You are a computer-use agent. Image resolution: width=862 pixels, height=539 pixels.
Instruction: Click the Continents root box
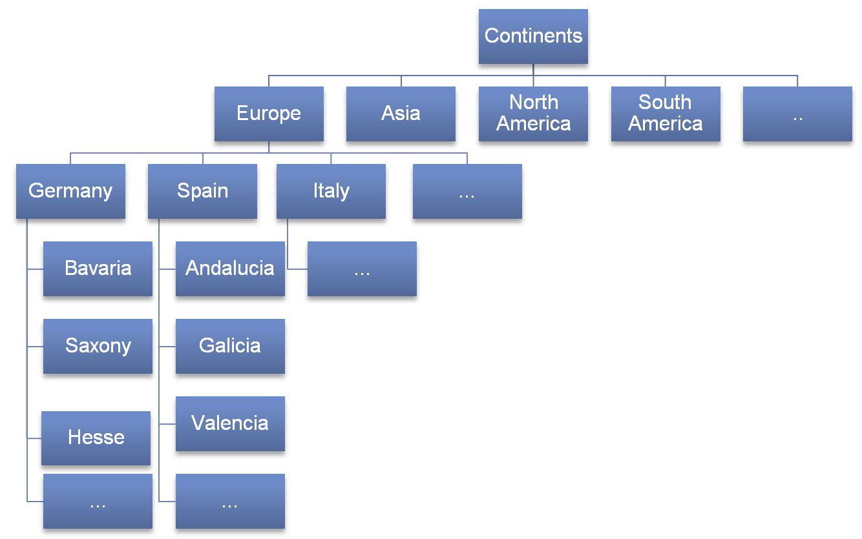click(533, 36)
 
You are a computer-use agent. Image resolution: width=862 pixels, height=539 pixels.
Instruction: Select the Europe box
click(269, 114)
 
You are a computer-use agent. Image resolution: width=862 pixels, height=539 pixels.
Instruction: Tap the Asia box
click(401, 114)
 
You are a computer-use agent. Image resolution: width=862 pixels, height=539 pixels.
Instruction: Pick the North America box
click(533, 114)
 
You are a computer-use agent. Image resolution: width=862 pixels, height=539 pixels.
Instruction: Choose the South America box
click(666, 114)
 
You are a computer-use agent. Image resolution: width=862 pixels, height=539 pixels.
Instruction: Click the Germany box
click(70, 191)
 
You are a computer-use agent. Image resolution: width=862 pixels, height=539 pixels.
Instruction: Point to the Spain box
click(202, 191)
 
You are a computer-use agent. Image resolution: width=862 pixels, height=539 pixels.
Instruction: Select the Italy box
click(331, 191)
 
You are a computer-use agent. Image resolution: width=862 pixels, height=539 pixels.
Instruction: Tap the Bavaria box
click(98, 269)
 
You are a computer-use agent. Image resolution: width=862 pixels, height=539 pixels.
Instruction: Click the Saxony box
click(98, 346)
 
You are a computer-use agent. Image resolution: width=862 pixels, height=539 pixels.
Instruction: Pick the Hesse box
click(96, 438)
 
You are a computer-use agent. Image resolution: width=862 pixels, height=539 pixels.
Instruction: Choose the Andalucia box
click(230, 269)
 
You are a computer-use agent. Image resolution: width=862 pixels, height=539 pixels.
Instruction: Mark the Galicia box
click(230, 346)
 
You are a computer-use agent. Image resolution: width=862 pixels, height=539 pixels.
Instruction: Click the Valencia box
click(230, 423)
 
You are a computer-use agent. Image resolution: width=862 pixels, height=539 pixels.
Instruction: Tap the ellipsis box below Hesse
click(98, 502)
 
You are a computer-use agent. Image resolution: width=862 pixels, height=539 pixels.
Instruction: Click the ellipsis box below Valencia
click(230, 502)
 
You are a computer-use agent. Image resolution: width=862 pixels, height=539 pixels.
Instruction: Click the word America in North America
click(533, 124)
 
